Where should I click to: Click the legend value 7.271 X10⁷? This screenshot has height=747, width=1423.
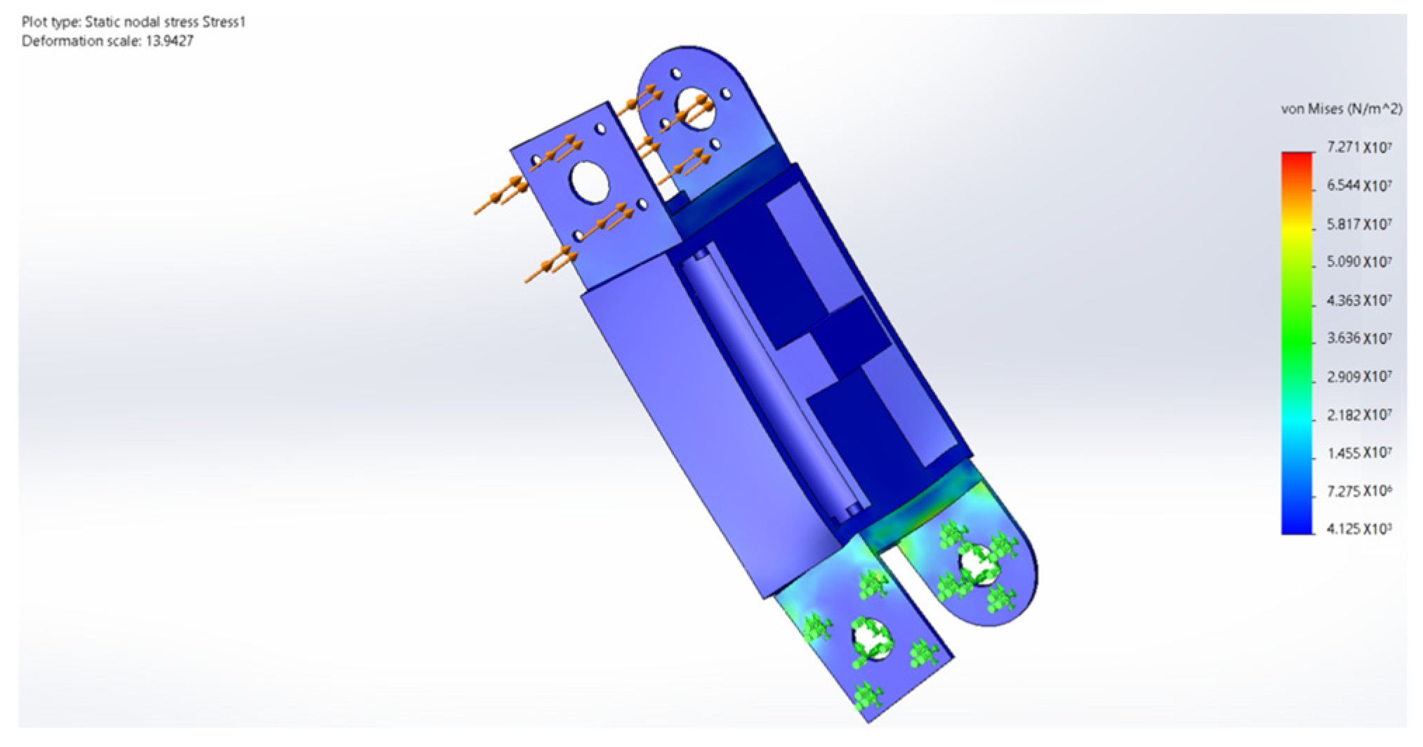[1358, 148]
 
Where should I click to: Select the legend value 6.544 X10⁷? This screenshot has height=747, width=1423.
[1358, 186]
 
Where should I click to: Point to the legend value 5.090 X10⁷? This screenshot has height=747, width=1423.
[1358, 262]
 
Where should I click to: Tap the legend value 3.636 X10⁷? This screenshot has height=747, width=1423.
[1358, 338]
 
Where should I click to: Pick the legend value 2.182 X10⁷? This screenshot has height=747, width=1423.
[1358, 415]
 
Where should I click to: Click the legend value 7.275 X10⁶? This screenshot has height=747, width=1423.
[1358, 491]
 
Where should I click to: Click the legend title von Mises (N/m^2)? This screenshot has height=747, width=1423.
[1341, 109]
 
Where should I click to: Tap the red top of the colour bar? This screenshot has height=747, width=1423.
[1296, 157]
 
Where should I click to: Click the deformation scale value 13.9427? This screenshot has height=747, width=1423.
[169, 41]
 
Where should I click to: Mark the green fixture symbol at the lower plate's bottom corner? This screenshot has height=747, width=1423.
[868, 699]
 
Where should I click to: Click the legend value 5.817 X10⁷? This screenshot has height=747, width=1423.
[1358, 225]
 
